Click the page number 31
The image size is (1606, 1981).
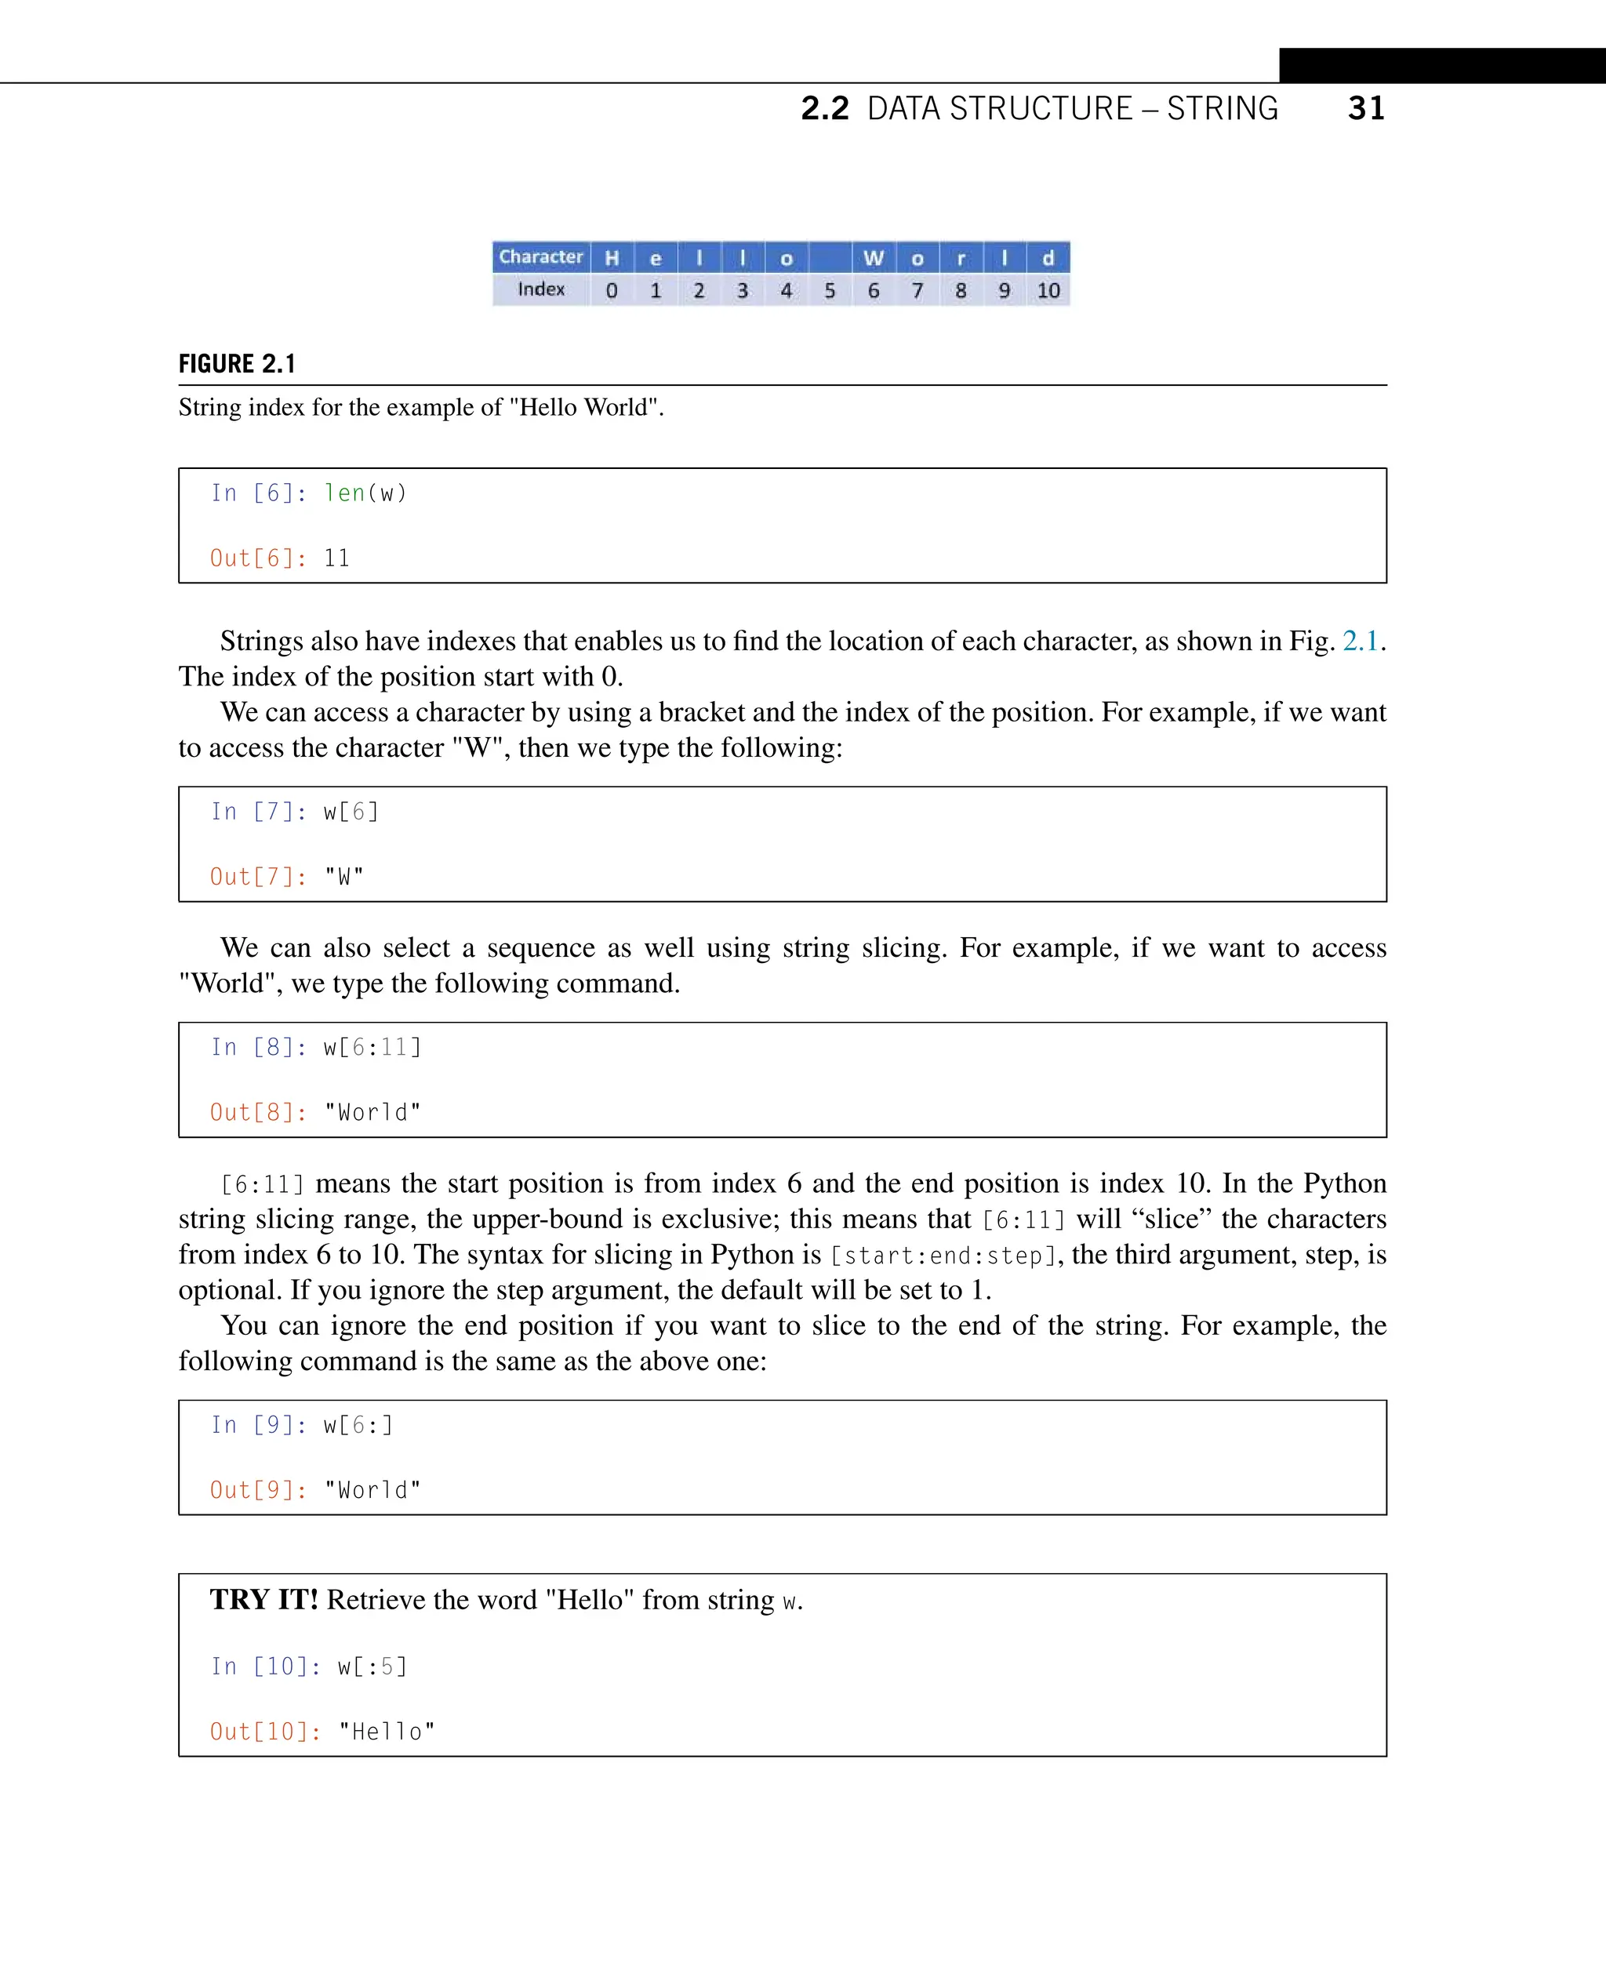tap(1365, 108)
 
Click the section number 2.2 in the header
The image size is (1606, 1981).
tap(824, 108)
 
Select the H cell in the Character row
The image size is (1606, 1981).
tap(612, 258)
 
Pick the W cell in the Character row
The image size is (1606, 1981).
tap(874, 258)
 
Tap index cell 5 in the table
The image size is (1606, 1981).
tap(830, 290)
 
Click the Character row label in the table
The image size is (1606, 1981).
tap(541, 256)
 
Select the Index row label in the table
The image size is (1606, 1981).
tap(541, 289)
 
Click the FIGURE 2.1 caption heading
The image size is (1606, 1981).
tap(237, 364)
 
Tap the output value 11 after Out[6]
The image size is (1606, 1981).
tap(336, 558)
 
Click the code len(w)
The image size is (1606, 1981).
tap(365, 493)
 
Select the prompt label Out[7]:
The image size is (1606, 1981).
tap(258, 876)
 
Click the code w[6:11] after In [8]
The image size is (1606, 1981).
tap(372, 1048)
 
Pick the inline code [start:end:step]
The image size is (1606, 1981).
tap(943, 1256)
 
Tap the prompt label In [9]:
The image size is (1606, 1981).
tap(258, 1425)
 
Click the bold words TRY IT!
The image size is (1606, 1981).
tap(263, 1600)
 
